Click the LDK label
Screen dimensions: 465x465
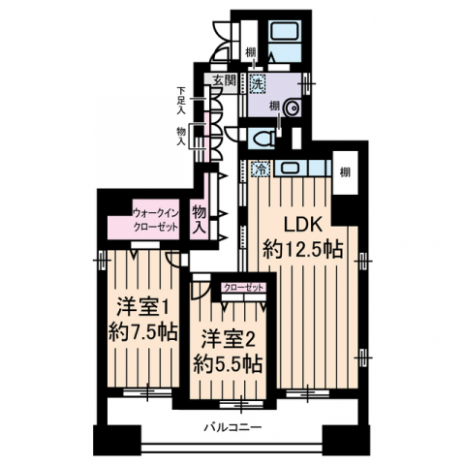(303, 225)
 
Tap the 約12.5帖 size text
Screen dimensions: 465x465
(302, 250)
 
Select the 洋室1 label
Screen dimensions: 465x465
(142, 307)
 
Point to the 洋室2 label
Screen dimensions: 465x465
(229, 340)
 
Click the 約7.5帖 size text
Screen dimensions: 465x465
(143, 332)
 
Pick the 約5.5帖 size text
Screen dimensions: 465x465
(228, 364)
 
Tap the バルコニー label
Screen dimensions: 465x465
(232, 428)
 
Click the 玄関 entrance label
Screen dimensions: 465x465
(224, 80)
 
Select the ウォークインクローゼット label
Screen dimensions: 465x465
(156, 220)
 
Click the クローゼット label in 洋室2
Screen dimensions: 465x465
(244, 287)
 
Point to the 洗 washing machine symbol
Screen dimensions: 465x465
(257, 83)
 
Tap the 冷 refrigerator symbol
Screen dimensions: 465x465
(261, 169)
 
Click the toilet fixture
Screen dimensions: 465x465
(264, 139)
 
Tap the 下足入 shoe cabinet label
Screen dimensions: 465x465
(181, 101)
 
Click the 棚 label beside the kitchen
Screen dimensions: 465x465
(345, 172)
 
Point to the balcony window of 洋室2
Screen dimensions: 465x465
(241, 404)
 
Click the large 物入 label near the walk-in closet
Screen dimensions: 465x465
(200, 221)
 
